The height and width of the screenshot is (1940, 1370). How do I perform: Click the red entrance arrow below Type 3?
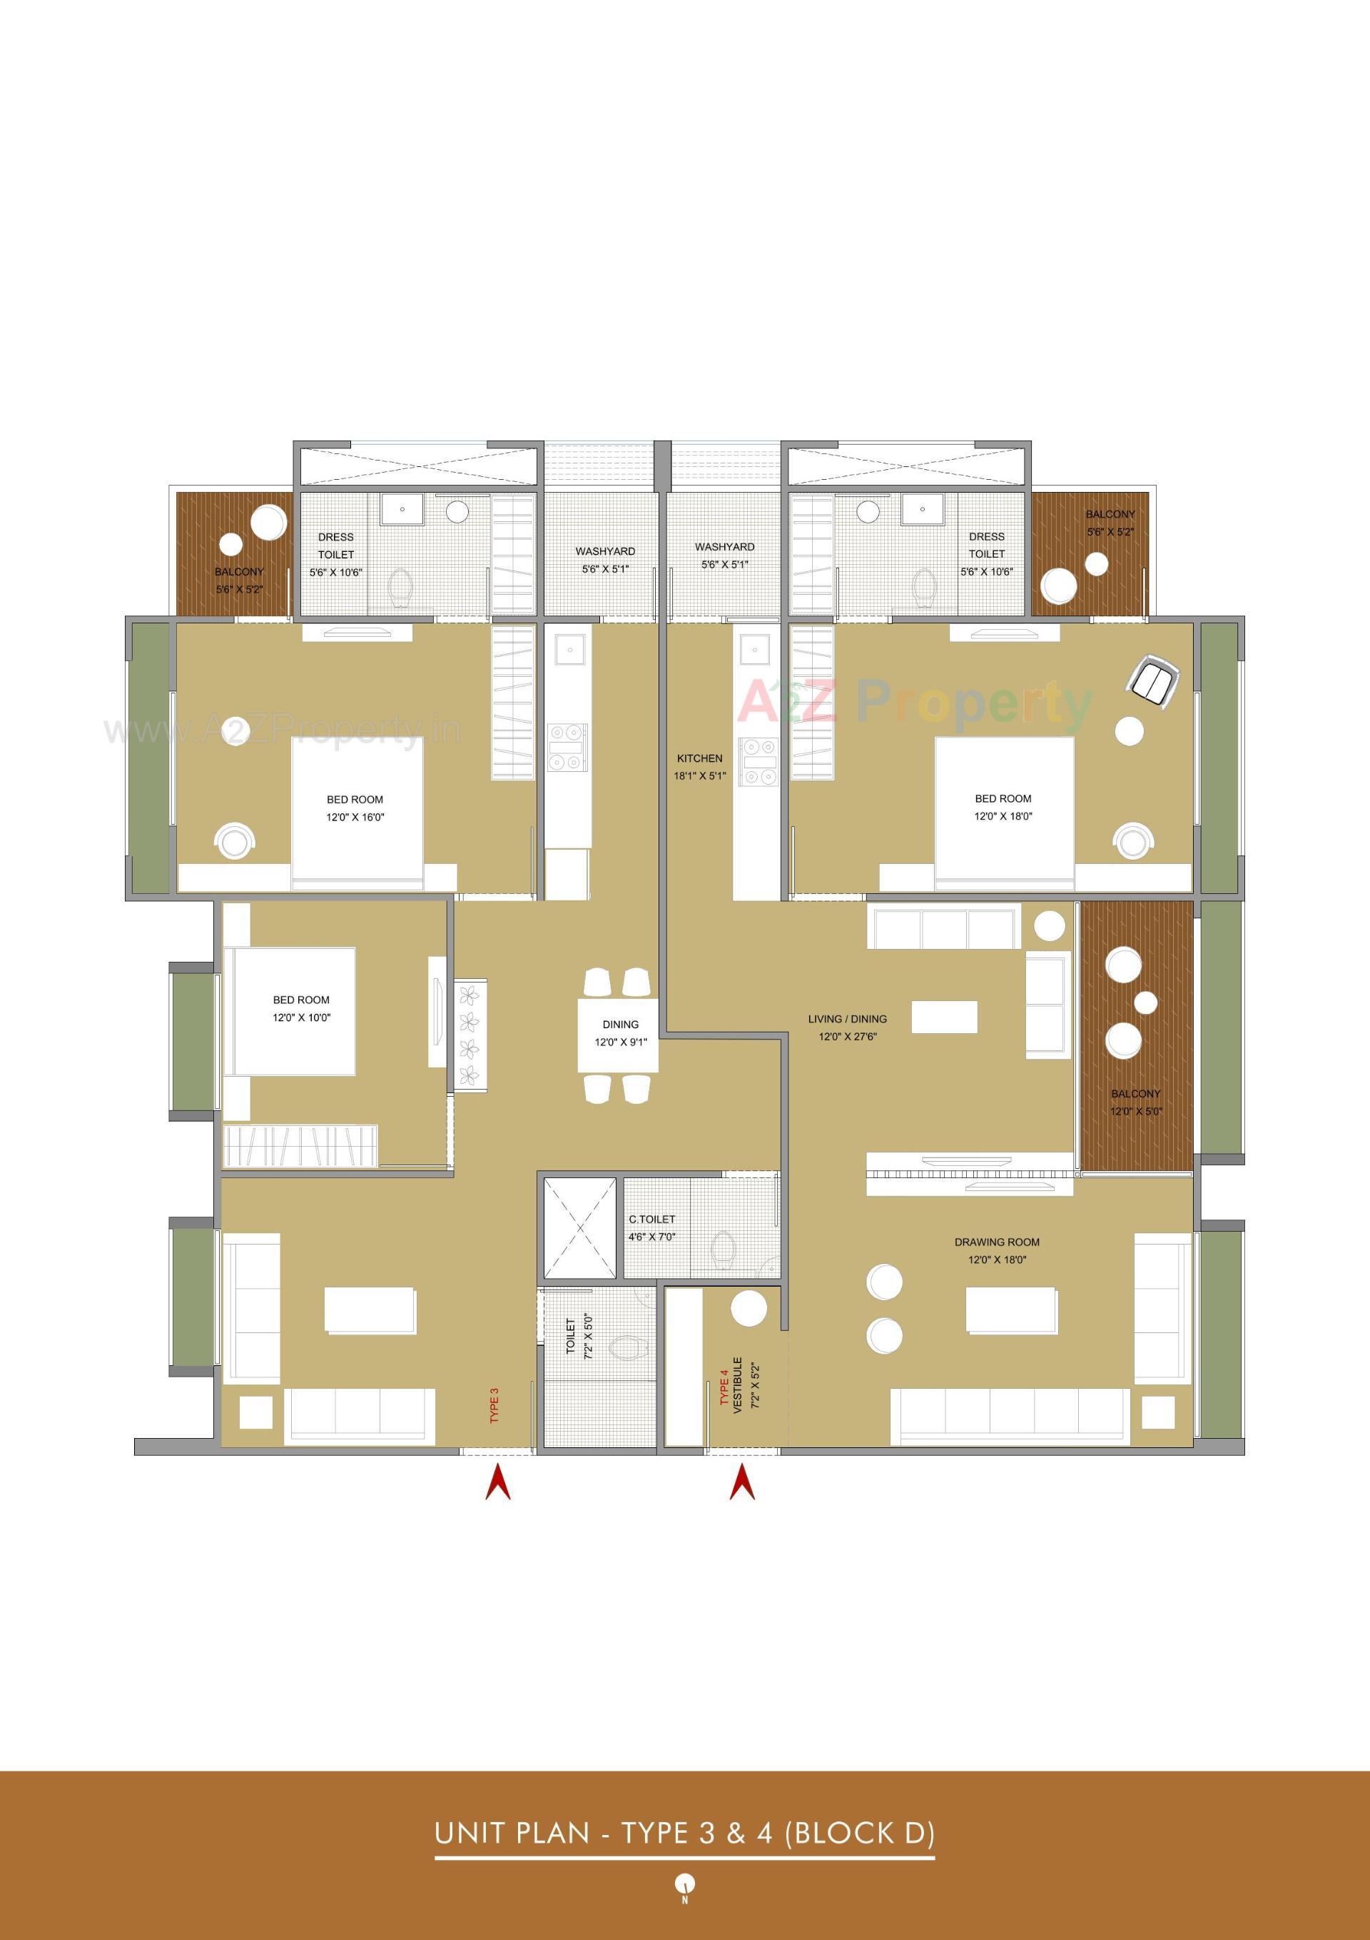coord(497,1483)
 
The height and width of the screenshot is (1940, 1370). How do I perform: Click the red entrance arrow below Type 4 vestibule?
coord(741,1483)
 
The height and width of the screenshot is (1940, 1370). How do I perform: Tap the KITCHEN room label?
coord(699,759)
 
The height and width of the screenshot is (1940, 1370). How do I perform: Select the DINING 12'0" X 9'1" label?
coord(620,1032)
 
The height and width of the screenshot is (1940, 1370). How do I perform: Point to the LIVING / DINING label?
coord(847,1019)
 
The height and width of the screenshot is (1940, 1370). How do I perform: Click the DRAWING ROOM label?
coord(997,1242)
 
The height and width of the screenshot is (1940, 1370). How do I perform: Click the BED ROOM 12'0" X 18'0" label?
coord(1003,807)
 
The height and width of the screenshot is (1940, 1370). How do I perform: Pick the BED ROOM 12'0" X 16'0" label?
coord(355,808)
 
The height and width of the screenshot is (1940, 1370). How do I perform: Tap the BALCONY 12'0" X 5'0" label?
coord(1135,1102)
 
